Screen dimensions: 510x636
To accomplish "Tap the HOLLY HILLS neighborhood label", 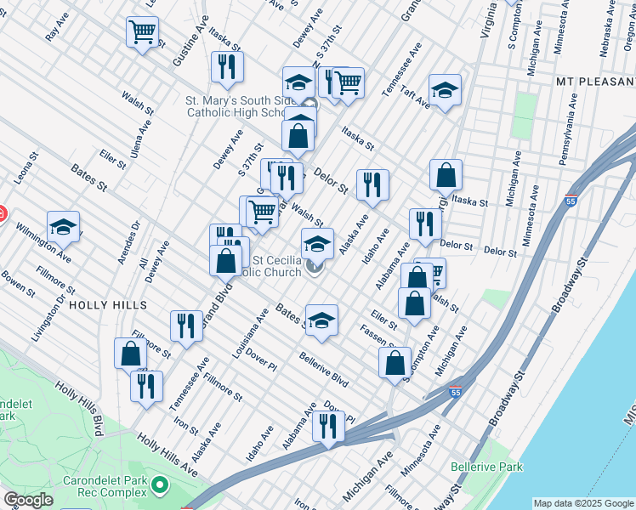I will [108, 304].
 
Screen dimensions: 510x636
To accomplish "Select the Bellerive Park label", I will [486, 467].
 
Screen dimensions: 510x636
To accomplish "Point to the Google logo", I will [27, 500].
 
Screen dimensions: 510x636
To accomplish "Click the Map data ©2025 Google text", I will [583, 503].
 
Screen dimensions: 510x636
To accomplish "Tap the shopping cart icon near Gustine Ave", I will [143, 33].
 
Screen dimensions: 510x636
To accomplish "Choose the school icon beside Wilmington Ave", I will [63, 227].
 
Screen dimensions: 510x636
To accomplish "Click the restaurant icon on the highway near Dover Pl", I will [328, 425].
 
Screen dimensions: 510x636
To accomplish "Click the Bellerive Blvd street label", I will [323, 368].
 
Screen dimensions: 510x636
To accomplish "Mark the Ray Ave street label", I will [57, 32].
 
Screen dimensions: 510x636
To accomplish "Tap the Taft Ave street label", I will [417, 100].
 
